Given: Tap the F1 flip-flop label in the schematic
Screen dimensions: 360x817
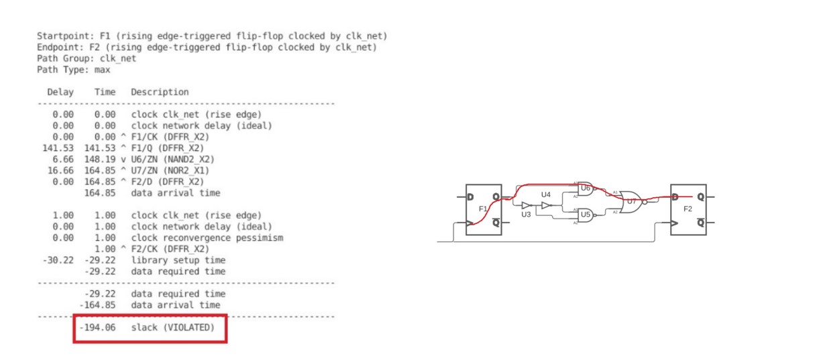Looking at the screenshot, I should click(483, 209).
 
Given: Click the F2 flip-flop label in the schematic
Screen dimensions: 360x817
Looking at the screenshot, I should click(688, 209).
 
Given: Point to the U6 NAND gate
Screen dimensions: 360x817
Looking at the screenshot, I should click(585, 188).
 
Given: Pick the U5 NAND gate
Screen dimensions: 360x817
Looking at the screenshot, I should click(585, 215).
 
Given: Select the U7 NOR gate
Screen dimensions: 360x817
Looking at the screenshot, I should click(631, 200).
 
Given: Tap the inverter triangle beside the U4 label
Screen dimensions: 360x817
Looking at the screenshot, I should click(546, 205).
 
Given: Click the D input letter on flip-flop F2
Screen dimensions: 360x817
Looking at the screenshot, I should click(675, 197).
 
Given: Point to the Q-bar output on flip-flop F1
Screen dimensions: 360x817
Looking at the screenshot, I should click(496, 224).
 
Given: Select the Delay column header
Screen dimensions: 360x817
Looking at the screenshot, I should click(60, 92).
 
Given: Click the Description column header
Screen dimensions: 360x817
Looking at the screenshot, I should click(160, 92).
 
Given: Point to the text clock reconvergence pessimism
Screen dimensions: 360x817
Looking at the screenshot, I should click(207, 237).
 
